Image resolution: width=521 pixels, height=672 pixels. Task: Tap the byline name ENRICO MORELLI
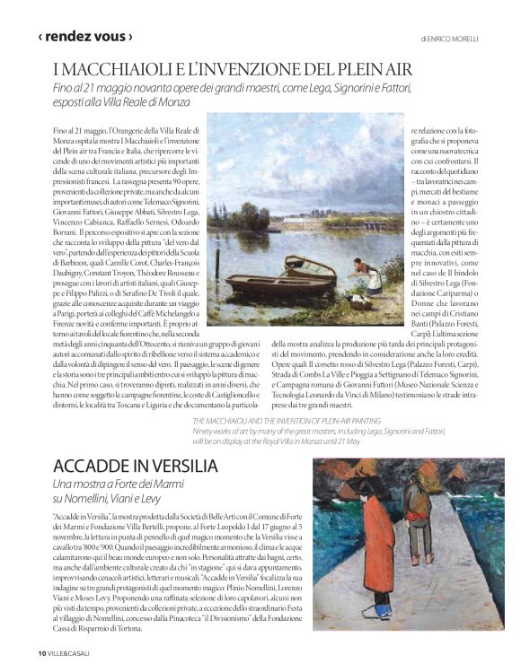(x=455, y=39)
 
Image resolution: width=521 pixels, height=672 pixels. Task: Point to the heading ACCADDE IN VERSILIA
(x=135, y=466)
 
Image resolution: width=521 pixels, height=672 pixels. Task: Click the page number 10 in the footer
(x=41, y=652)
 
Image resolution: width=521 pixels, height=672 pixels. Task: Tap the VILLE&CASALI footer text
(x=69, y=652)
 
